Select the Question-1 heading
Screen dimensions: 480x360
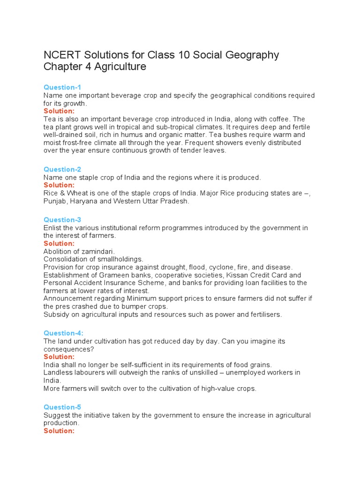click(62, 87)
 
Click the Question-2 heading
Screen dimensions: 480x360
click(62, 169)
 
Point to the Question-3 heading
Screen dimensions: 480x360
click(62, 220)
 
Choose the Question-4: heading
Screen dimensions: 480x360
click(63, 333)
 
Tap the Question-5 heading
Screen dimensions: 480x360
click(62, 407)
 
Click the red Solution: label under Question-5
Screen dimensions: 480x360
click(59, 431)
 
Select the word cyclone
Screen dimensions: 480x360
click(223, 267)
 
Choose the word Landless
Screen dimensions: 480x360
click(59, 373)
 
